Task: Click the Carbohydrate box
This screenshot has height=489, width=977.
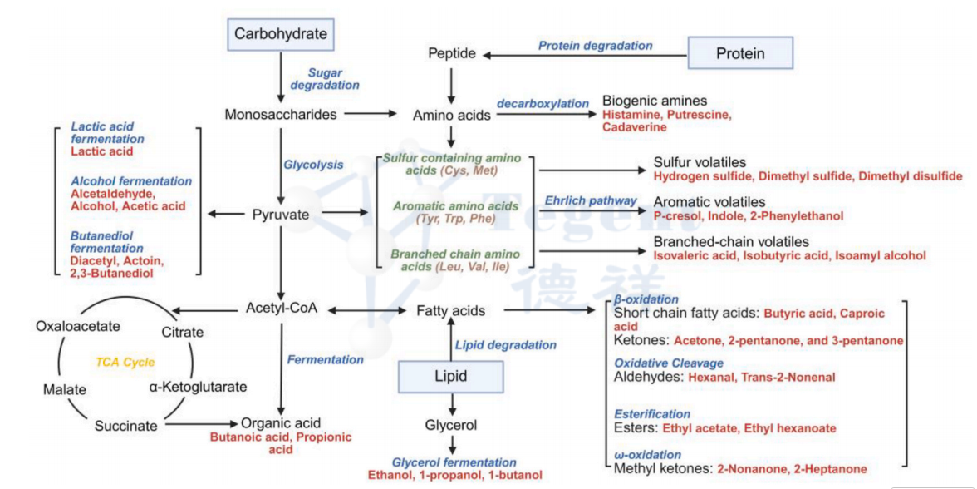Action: click(281, 34)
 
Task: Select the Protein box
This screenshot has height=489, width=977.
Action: click(740, 53)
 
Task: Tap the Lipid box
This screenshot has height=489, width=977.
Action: click(451, 376)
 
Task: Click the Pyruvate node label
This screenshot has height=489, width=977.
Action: click(281, 215)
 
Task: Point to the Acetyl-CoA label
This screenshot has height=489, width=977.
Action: click(282, 309)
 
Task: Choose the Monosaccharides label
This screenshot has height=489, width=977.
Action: click(281, 114)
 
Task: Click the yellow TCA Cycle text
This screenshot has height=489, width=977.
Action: click(125, 363)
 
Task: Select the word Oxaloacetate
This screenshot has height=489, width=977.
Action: click(78, 326)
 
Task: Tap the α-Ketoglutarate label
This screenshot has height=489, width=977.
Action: click(198, 387)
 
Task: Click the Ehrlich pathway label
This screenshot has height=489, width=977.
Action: click(591, 200)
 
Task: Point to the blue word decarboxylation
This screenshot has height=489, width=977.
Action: click(543, 103)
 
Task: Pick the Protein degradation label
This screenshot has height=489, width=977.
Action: click(595, 46)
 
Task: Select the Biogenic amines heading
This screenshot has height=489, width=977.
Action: click(655, 100)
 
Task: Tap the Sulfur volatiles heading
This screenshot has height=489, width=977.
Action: click(700, 162)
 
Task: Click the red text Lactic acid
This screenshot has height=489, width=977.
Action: click(101, 152)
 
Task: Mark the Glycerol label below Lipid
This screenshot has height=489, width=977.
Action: click(451, 425)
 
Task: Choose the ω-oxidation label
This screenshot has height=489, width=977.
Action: click(648, 455)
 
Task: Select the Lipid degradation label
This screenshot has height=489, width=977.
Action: click(506, 344)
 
